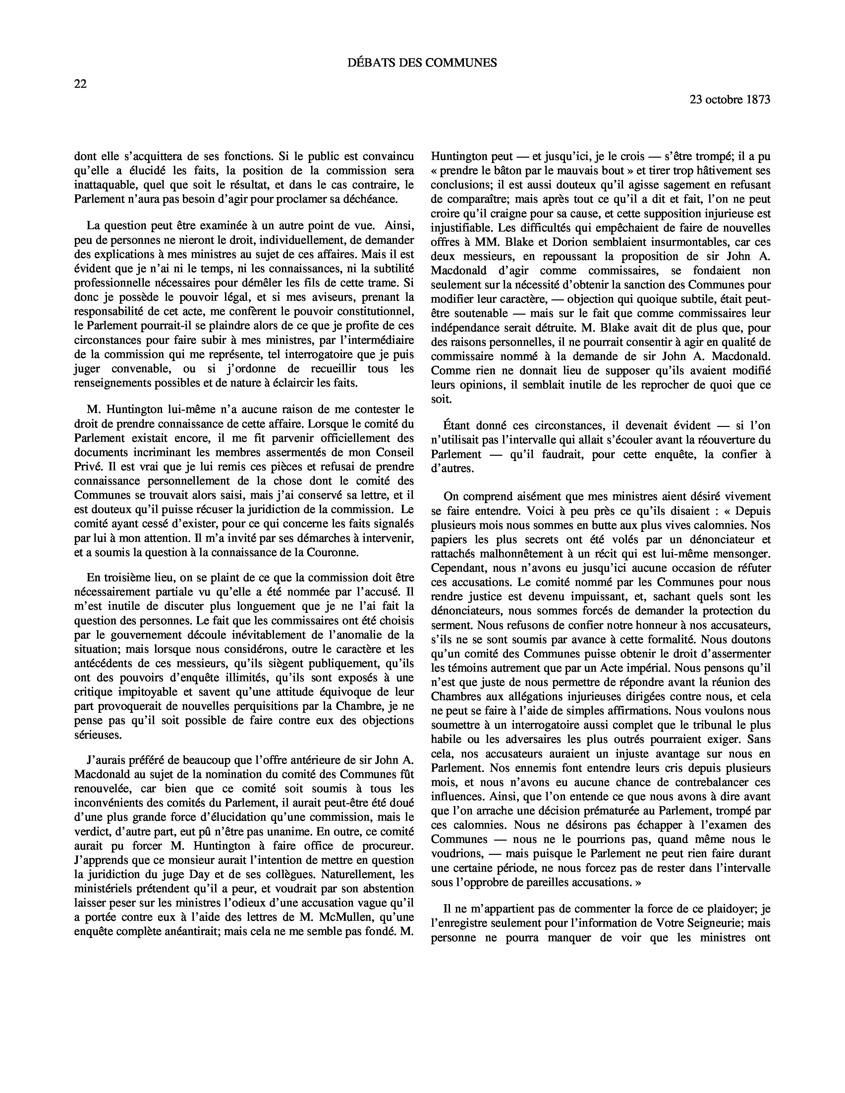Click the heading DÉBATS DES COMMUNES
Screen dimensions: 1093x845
point(422,63)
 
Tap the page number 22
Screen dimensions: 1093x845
point(80,84)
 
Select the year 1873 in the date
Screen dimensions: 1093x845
point(757,100)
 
